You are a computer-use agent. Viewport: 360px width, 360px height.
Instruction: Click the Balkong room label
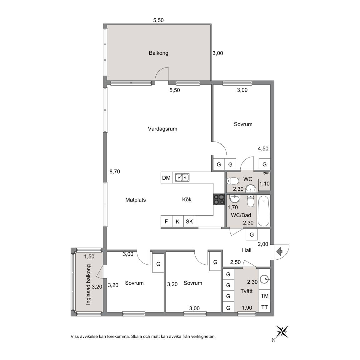point(158,53)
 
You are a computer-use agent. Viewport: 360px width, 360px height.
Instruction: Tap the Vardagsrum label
point(162,129)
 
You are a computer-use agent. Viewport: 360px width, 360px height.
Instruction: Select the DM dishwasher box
point(167,178)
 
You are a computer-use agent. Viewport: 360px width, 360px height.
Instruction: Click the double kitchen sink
point(182,178)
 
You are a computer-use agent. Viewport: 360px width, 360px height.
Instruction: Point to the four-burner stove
point(219,199)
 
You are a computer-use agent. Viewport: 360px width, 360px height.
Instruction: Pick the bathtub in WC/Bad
point(263,211)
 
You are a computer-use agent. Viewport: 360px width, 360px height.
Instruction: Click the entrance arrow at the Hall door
point(279,252)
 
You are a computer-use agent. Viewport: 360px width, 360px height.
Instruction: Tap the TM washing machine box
point(264,296)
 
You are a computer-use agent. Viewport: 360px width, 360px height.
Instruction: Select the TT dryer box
point(264,307)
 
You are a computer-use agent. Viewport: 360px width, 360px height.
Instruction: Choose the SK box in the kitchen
point(189,222)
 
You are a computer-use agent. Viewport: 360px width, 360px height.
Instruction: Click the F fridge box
point(167,222)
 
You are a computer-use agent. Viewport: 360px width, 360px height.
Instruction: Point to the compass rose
point(282,332)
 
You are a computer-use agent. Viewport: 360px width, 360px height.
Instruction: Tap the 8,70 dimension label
point(115,172)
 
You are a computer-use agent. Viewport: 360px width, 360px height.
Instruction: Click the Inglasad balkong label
point(89,285)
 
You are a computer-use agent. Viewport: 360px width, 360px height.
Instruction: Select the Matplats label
point(135,200)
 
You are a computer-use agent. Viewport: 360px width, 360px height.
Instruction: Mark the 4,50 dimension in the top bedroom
point(263,148)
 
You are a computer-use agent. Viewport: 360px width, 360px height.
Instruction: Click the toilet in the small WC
point(232,181)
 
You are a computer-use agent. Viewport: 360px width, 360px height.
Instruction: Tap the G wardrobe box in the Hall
point(252,235)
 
